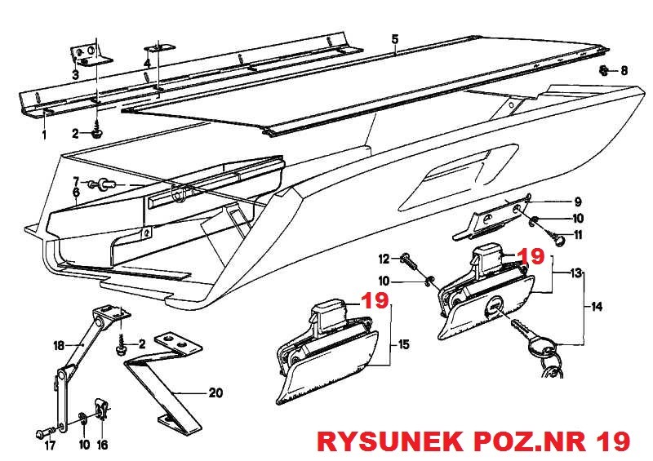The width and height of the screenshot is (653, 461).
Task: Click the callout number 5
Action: (x=394, y=39)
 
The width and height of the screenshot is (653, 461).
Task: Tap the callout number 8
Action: (x=624, y=71)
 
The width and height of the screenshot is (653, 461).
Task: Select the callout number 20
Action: (x=215, y=392)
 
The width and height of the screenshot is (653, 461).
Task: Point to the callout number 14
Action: (x=597, y=308)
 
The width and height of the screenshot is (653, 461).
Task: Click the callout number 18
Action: (x=58, y=346)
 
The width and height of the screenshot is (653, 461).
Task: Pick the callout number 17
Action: (x=49, y=445)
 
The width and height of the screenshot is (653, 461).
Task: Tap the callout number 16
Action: (x=102, y=445)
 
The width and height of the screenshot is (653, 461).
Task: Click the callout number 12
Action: (x=384, y=259)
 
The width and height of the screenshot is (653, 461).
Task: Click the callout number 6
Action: (x=76, y=193)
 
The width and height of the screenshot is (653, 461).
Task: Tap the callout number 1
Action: (x=45, y=133)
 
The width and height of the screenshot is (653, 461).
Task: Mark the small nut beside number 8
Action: (x=604, y=71)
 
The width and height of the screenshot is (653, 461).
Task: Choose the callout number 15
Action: (x=403, y=346)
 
